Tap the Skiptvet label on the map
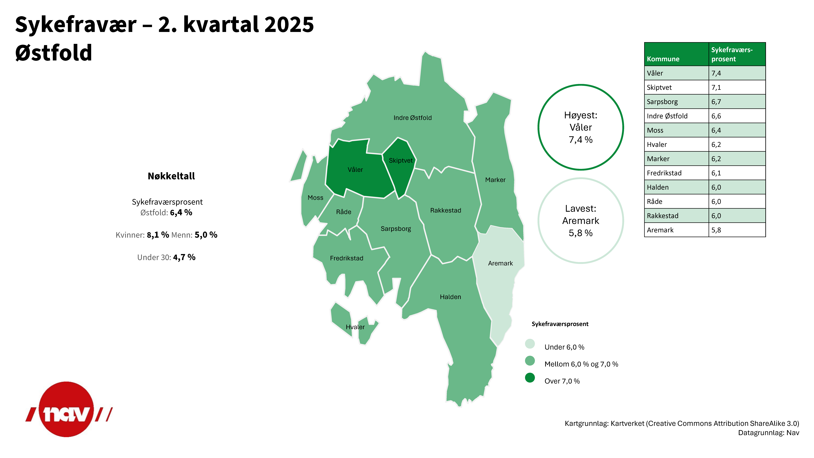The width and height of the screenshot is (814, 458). point(400,161)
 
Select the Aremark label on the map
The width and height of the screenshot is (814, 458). point(500,263)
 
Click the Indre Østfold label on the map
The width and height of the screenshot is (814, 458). point(412,118)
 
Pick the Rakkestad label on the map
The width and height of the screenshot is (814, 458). point(446,210)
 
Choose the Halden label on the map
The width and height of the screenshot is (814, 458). point(450,297)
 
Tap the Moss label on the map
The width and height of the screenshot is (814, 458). point(315,198)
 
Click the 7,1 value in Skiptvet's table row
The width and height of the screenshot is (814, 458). point(716,88)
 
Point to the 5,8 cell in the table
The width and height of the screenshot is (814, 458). point(716,230)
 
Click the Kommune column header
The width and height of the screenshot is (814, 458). point(663,59)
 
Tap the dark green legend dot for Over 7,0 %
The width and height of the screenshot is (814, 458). point(530,378)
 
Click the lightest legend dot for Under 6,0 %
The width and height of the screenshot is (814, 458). point(530,344)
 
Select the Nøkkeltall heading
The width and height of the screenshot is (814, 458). point(171,176)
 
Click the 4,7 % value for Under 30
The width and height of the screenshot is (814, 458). point(184,257)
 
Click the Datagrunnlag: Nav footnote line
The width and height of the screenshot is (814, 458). point(769,433)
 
